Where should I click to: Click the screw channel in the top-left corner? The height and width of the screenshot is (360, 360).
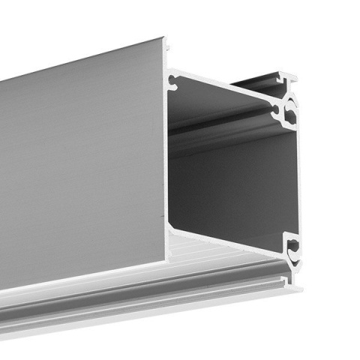pos(173,78)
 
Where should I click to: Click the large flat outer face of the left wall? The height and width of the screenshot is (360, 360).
pos(82,165)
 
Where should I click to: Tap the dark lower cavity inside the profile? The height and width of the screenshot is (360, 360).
pos(232,187)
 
